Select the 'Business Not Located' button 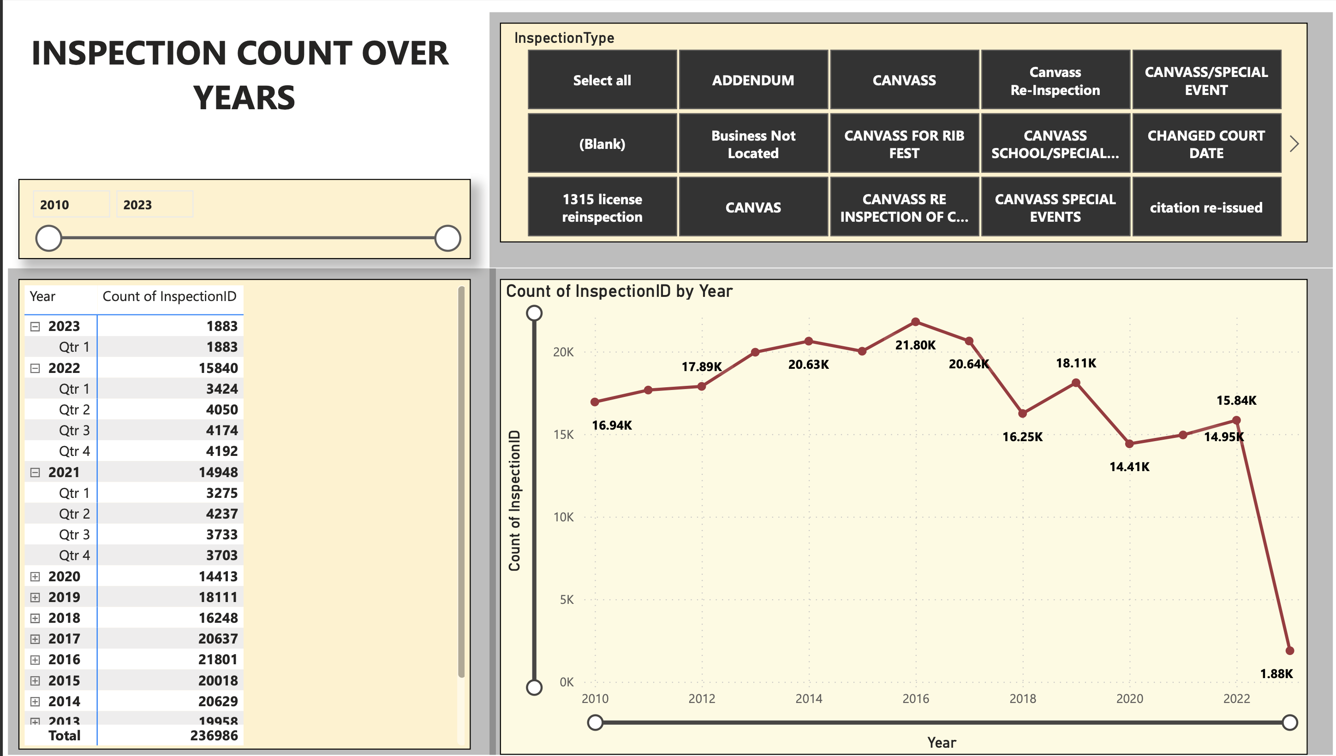pos(752,144)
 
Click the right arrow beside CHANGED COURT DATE pos(1294,144)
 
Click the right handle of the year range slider pos(447,238)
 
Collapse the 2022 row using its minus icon pos(35,368)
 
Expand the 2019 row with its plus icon pos(35,597)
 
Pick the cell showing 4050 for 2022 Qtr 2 pos(221,410)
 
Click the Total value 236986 pos(214,735)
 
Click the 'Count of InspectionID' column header pos(169,296)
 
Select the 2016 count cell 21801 pos(218,659)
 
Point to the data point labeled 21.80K pos(915,322)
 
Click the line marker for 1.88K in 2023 pos(1289,650)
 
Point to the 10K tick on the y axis pos(563,517)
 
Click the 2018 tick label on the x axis pos(1022,698)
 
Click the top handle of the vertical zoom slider pos(534,313)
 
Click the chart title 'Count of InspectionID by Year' pos(619,291)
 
